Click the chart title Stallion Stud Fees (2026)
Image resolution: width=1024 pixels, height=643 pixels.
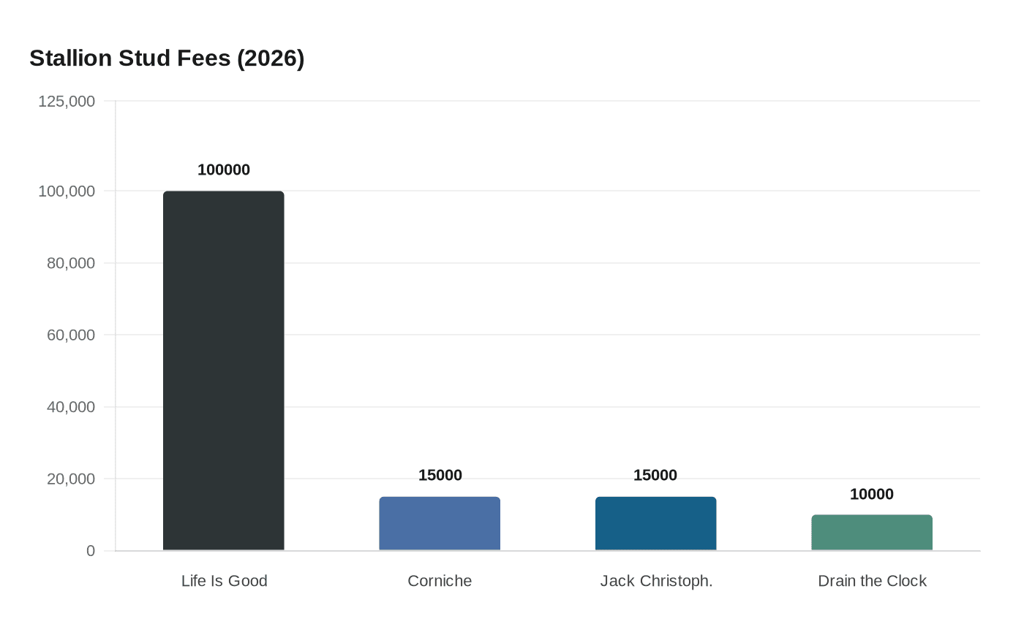[x=167, y=58]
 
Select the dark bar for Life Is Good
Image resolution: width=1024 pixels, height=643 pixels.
[x=223, y=370]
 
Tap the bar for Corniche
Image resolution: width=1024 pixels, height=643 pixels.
[x=440, y=523]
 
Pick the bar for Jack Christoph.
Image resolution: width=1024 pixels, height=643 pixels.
[x=655, y=523]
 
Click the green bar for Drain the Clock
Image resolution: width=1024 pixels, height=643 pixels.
[x=872, y=533]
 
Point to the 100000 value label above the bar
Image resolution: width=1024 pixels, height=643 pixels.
[x=223, y=170]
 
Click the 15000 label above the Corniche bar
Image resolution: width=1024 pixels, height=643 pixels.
[x=440, y=475]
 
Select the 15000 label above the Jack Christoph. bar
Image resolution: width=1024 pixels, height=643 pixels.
[x=655, y=475]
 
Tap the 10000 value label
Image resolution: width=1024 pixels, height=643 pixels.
[x=872, y=494]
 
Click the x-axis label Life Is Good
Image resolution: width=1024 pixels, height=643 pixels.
[x=224, y=581]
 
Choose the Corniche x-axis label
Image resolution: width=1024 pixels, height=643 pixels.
[x=440, y=581]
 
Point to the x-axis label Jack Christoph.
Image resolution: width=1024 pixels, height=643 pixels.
[x=656, y=581]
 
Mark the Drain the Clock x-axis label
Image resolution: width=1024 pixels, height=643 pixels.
[x=872, y=581]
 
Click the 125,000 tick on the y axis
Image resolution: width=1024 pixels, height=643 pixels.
[x=67, y=101]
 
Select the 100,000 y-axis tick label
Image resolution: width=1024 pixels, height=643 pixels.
[x=67, y=191]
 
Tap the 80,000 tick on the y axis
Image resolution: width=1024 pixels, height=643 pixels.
[x=71, y=263]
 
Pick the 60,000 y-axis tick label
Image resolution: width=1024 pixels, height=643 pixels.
[x=71, y=335]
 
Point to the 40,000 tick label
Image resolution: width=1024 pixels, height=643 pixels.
[x=71, y=407]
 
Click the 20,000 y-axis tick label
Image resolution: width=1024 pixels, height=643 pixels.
[x=71, y=479]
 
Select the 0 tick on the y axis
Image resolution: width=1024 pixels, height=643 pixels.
[x=91, y=551]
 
